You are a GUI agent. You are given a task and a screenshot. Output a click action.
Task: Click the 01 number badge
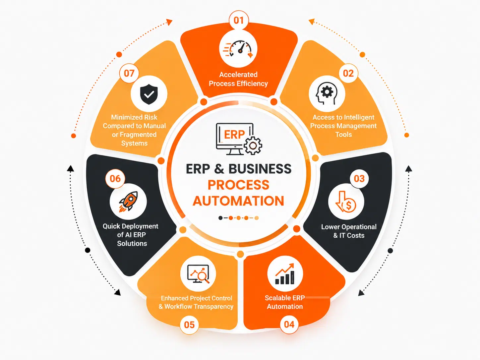coord(239,20)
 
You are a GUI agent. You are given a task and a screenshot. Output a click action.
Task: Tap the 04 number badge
coord(289,325)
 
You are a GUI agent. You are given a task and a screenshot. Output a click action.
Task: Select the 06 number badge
coord(115,179)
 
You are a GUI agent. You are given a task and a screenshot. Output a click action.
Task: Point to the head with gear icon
coord(327,93)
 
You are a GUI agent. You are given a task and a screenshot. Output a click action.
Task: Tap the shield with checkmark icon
coord(149,94)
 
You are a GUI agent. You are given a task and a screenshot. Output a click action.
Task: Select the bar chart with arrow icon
coord(285,274)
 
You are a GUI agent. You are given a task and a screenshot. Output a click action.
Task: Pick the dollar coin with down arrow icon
coord(346,202)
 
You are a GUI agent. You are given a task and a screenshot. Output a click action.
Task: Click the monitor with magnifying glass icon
coord(198,274)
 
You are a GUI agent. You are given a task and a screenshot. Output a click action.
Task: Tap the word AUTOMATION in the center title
coord(238,201)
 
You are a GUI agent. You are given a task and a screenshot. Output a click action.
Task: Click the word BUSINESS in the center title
coord(260,169)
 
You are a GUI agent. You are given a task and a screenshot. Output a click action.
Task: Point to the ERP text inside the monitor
coord(234,135)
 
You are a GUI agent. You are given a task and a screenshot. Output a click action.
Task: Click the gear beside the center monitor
coord(253,146)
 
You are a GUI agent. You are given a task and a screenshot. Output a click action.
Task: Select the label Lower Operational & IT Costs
coord(349,231)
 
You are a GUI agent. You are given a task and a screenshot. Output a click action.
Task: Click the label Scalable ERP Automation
coord(285,302)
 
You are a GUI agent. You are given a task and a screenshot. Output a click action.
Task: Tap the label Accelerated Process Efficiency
coord(238,79)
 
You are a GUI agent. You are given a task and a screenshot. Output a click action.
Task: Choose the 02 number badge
coord(348,74)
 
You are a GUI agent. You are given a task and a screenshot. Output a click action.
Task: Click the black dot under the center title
coord(220,218)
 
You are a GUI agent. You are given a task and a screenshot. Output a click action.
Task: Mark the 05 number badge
coord(189,325)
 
